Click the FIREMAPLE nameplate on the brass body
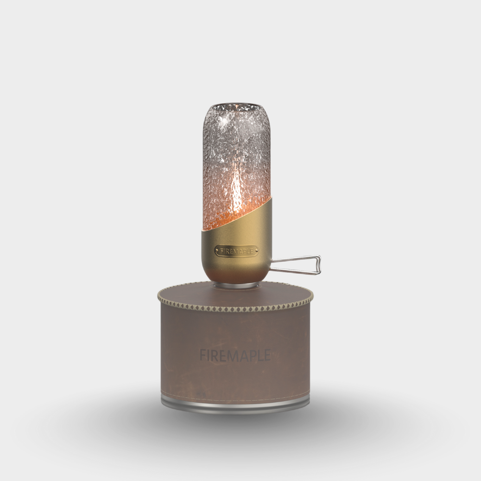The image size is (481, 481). point(236,251)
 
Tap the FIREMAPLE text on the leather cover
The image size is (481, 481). point(235,355)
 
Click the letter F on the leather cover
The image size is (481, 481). point(203,355)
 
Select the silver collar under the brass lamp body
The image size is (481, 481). point(236,285)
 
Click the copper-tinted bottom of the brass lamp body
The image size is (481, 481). point(236,277)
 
